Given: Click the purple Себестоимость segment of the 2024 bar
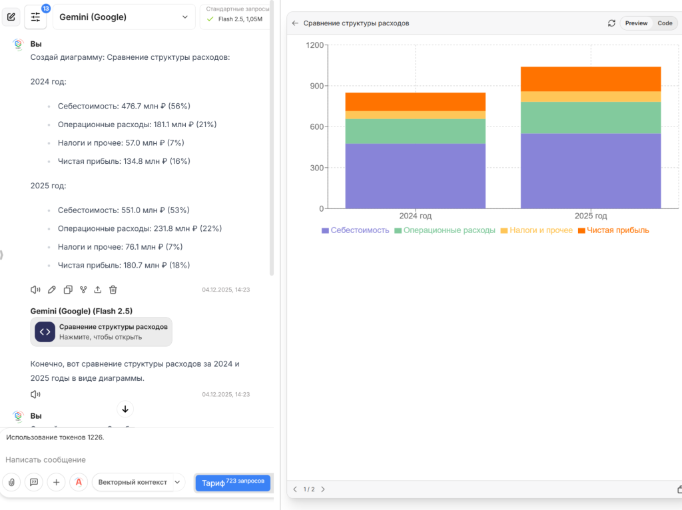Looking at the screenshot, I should pyautogui.click(x=415, y=176).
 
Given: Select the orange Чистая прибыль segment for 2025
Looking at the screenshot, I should pyautogui.click(x=590, y=79).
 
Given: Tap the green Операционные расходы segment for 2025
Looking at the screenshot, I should pyautogui.click(x=590, y=118).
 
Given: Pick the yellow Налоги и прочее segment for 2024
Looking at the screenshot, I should pyautogui.click(x=415, y=115).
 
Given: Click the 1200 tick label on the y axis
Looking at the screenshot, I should pyautogui.click(x=314, y=45).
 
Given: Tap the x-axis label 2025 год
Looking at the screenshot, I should pyautogui.click(x=590, y=216).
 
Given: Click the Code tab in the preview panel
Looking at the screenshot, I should pyautogui.click(x=665, y=23).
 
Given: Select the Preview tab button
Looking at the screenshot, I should pyautogui.click(x=636, y=23).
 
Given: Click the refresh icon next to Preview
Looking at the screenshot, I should pyautogui.click(x=611, y=23).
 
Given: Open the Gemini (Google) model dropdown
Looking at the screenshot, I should pyautogui.click(x=124, y=17).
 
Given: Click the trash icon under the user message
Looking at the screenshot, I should pyautogui.click(x=113, y=290).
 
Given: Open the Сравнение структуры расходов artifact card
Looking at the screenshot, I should pyautogui.click(x=101, y=332).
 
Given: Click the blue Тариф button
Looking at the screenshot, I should pyautogui.click(x=232, y=483).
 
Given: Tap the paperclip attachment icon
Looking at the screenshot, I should pyautogui.click(x=11, y=482).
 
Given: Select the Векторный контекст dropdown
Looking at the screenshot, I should pyautogui.click(x=139, y=482).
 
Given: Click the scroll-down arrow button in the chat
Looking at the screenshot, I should pyautogui.click(x=125, y=409).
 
